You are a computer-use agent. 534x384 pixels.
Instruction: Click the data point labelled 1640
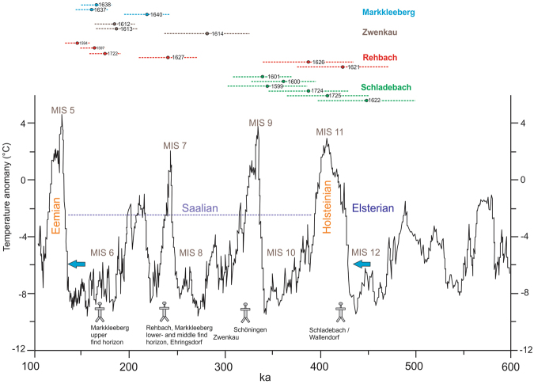pos(147,14)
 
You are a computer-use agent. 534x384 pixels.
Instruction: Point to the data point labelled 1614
pos(207,33)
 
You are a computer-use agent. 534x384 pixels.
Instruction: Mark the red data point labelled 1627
pos(169,57)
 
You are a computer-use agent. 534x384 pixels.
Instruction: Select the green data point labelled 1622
pos(367,101)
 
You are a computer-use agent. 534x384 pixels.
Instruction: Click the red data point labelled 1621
pos(343,67)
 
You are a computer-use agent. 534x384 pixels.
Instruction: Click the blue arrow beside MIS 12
pos(362,264)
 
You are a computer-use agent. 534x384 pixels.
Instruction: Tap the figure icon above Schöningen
pos(244,312)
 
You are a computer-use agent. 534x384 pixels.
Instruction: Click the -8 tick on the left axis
pos(23,293)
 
